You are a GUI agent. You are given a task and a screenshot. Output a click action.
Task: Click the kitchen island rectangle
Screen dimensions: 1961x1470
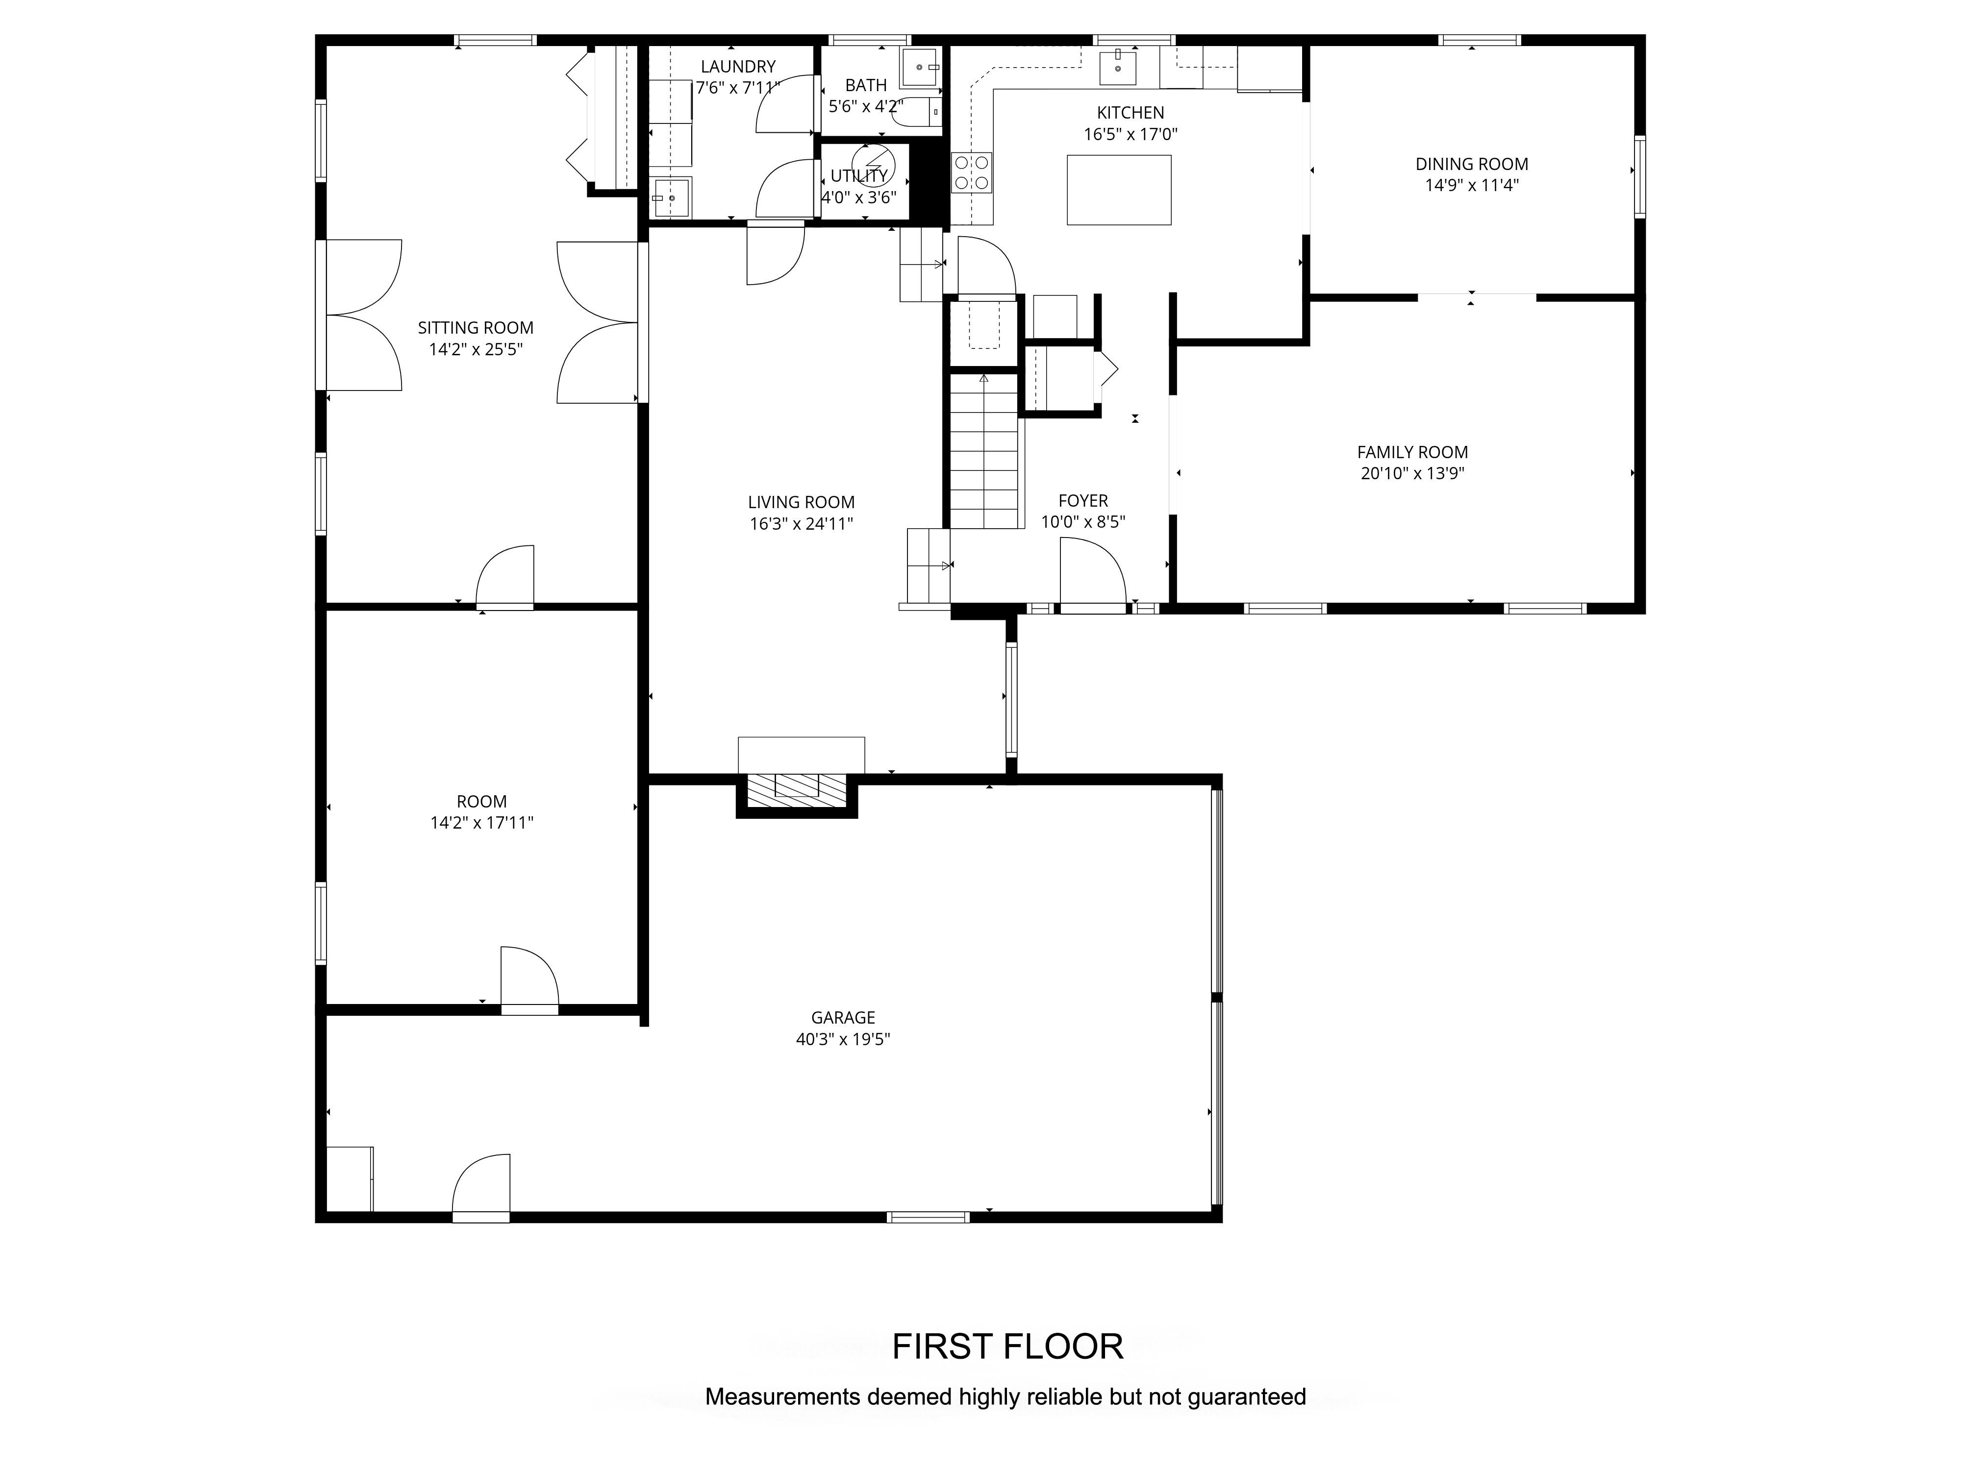(1119, 190)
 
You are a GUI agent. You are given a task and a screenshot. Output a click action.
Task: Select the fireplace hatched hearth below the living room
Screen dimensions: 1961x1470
(797, 789)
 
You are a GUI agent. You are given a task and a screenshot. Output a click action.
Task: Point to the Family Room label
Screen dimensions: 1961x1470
(1412, 452)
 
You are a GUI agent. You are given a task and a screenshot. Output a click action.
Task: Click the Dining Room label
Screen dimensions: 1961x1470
(1472, 164)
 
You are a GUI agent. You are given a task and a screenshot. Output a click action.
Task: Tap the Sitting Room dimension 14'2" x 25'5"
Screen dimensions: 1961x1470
(476, 349)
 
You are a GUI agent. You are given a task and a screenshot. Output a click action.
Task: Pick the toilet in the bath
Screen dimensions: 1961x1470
(922, 113)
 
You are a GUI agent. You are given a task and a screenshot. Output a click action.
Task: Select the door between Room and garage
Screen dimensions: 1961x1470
(529, 979)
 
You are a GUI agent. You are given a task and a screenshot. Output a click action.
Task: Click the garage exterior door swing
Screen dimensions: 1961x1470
(481, 1187)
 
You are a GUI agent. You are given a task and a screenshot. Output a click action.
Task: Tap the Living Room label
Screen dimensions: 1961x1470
(802, 502)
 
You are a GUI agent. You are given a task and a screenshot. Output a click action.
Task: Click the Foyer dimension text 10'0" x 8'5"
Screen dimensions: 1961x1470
(1083, 522)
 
